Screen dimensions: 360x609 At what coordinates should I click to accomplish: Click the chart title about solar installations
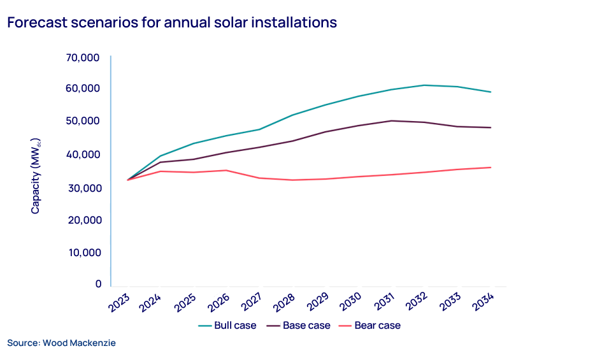click(171, 22)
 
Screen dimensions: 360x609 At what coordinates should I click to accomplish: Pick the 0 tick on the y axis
click(97, 284)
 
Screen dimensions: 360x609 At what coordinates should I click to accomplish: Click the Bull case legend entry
click(227, 326)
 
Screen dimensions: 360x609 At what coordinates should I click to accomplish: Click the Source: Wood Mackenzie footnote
click(61, 343)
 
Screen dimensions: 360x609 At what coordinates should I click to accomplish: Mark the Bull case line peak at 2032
click(424, 85)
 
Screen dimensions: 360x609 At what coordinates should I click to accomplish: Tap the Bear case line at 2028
click(292, 180)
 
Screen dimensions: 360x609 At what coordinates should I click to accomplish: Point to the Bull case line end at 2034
click(491, 92)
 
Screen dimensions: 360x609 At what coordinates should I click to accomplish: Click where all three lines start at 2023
click(128, 180)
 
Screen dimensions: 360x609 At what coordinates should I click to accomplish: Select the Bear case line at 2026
click(227, 170)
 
